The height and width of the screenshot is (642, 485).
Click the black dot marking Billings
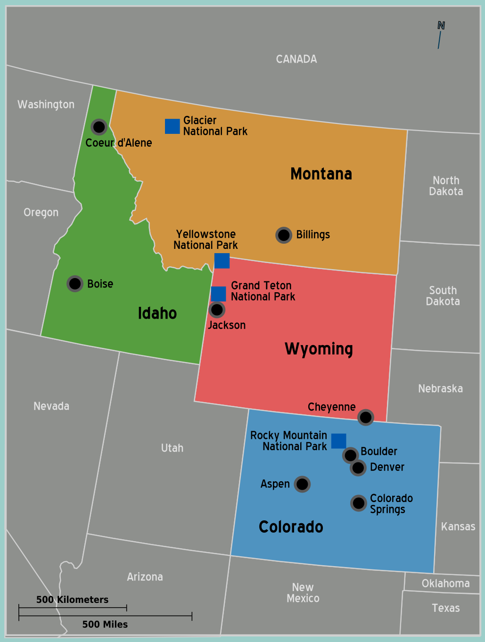click(284, 235)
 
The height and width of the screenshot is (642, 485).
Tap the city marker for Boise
click(75, 284)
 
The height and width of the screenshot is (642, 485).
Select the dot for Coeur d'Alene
click(99, 127)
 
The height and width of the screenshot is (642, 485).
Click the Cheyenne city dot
click(366, 417)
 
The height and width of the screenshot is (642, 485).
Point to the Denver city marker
click(358, 468)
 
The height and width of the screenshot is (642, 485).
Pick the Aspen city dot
click(302, 484)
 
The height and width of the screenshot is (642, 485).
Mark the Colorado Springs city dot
click(359, 503)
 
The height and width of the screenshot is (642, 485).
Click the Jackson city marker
click(217, 310)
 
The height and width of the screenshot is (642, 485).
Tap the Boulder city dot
click(351, 455)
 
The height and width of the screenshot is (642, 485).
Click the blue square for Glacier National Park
click(173, 126)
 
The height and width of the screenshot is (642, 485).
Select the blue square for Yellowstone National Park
click(222, 261)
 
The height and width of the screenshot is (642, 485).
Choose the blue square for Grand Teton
click(218, 294)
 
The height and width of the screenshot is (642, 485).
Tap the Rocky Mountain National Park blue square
click(339, 441)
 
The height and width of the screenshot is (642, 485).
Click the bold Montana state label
click(321, 174)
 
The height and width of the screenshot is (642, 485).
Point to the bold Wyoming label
click(319, 349)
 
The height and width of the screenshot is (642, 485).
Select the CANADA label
click(296, 59)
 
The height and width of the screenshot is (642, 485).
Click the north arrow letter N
click(441, 25)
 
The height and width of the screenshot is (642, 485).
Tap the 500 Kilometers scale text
click(72, 600)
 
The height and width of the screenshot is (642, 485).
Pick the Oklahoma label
click(445, 584)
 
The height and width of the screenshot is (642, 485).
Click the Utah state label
click(172, 448)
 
